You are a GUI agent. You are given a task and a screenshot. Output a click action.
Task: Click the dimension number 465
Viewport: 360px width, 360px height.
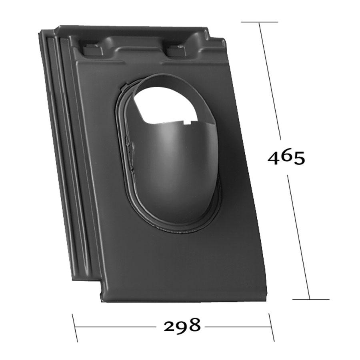pos(286,158)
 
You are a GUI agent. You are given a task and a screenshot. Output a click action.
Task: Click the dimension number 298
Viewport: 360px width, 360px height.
pos(182,325)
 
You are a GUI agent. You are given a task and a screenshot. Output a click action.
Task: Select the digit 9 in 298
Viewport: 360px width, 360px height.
pos(182,325)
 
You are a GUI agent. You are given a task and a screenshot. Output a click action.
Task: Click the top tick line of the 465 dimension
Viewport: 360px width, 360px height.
pos(260,22)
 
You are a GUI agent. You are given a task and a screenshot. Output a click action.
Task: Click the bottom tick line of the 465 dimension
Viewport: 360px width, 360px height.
pos(311,299)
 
